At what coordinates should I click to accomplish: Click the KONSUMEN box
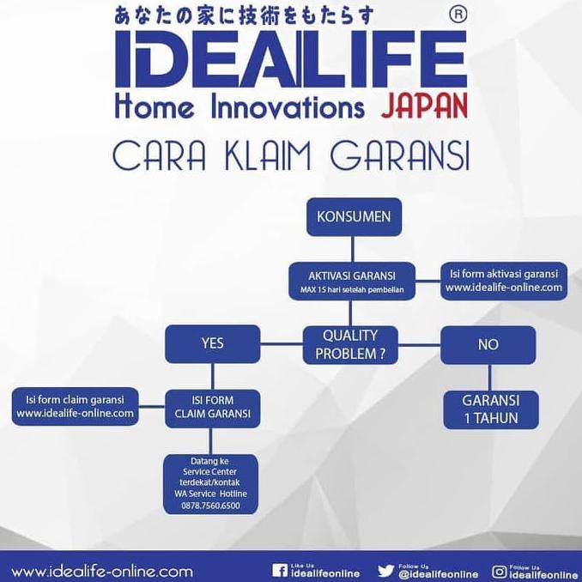(x=353, y=216)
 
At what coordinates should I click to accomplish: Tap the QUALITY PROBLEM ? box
(x=349, y=343)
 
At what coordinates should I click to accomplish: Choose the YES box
(x=212, y=343)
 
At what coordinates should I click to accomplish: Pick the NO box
(x=487, y=344)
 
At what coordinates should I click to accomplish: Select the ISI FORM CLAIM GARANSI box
(x=212, y=406)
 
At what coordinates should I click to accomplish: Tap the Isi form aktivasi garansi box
(x=503, y=281)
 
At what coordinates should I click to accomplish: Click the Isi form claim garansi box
(x=76, y=405)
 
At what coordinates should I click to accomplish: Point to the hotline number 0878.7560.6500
(x=211, y=506)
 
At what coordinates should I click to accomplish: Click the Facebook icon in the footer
(x=279, y=571)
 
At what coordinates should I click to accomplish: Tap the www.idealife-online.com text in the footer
(x=101, y=571)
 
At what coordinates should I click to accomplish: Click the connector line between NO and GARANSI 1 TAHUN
(x=488, y=376)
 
